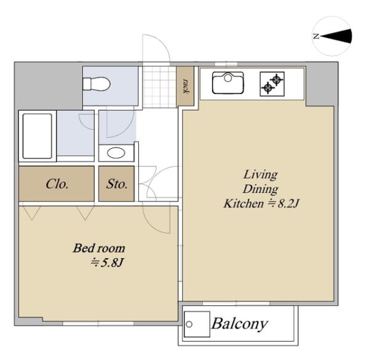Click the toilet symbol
[97, 84]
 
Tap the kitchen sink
[228, 83]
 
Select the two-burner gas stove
[272, 84]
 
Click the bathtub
[37, 136]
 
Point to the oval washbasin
[116, 153]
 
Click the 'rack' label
[186, 86]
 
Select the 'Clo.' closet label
[57, 184]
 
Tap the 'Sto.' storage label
[117, 184]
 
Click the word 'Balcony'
[240, 324]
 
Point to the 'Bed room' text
[99, 248]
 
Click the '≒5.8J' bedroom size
[107, 263]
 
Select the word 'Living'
[261, 175]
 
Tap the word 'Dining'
[261, 189]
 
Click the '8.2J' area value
[288, 203]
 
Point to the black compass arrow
[336, 36]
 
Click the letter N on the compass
[316, 36]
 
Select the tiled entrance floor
[159, 87]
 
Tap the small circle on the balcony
[189, 324]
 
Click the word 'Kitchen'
[244, 203]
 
